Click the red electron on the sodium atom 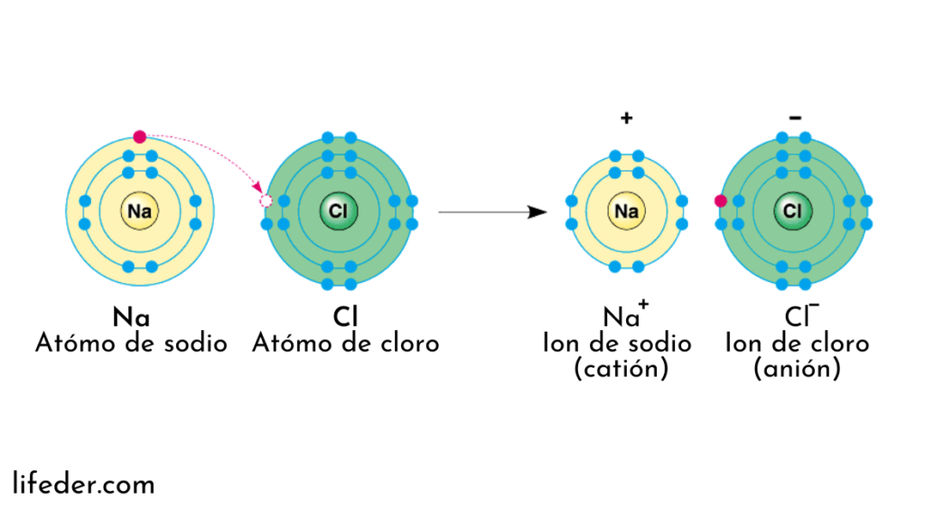139,137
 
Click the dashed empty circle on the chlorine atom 266,201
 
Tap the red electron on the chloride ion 720,201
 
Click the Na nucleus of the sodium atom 140,212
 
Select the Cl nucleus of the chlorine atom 339,212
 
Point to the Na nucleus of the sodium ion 626,212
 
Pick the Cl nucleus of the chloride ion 792,212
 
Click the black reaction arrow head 538,212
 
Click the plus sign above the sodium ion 626,118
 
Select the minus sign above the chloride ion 794,118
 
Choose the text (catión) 621,370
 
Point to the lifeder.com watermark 84,485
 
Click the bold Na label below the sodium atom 132,318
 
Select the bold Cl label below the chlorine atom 345,318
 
